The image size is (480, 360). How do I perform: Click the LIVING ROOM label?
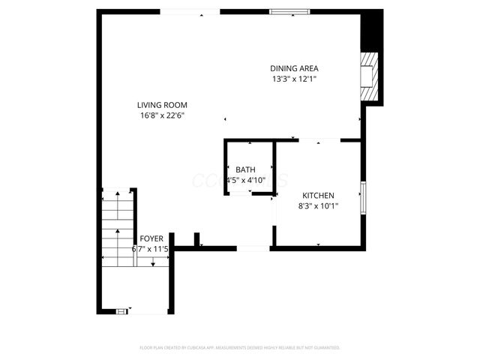coord(161,105)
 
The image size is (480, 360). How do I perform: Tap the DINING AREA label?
coord(300,68)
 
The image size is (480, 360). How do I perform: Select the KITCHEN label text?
coord(318,195)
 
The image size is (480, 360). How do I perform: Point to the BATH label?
coord(245,170)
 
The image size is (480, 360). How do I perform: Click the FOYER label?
coord(151,238)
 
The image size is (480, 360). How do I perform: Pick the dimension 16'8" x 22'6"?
coord(161,115)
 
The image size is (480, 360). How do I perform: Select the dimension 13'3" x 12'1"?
coord(300,79)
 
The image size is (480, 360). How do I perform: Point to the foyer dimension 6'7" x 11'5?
coord(151,248)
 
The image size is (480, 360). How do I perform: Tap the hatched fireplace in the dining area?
coord(369,74)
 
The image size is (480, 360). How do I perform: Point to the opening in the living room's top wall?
coord(190,11)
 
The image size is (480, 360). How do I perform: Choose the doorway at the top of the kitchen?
coord(319,139)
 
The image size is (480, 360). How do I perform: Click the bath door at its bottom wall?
coord(239,193)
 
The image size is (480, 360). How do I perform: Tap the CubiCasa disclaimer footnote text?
coord(240,348)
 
